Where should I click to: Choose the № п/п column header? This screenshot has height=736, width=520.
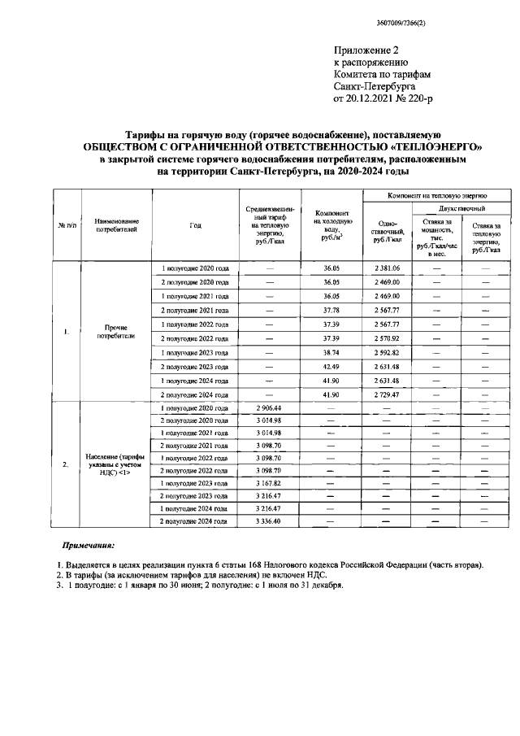click(x=66, y=225)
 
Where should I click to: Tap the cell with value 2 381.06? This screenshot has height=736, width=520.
click(x=387, y=268)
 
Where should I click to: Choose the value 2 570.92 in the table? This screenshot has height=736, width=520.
click(x=387, y=338)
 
